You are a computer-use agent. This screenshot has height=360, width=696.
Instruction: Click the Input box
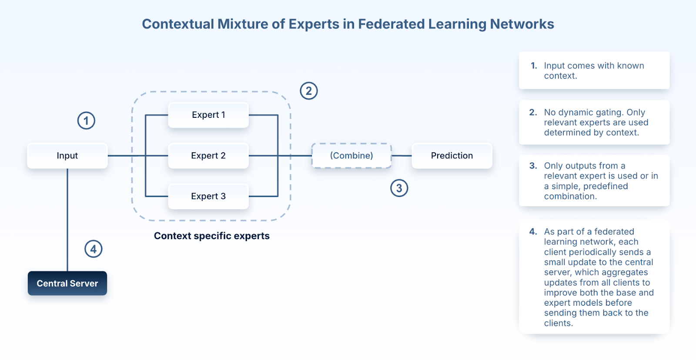(67, 156)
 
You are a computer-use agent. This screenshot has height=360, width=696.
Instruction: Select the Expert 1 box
(208, 115)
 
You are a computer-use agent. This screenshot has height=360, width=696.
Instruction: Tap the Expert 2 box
(208, 156)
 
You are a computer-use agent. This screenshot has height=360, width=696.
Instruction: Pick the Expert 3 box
(208, 196)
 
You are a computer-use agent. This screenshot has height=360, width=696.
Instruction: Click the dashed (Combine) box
(351, 156)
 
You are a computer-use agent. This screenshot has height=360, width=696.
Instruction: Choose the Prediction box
(452, 156)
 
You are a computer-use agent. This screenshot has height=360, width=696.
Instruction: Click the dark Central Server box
(67, 283)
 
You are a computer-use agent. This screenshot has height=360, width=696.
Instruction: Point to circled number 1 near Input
(86, 120)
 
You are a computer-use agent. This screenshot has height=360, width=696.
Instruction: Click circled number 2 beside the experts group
(309, 91)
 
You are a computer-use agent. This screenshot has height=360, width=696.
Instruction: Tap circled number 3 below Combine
(399, 188)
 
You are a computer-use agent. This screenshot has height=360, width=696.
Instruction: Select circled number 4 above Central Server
(93, 249)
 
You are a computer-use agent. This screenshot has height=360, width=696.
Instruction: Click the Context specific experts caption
(212, 236)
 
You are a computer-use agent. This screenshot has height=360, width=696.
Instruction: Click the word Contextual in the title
(178, 24)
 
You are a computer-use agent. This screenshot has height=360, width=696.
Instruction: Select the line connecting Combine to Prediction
(402, 156)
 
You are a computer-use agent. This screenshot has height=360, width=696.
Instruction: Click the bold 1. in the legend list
(534, 66)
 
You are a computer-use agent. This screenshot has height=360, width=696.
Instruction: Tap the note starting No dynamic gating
(596, 122)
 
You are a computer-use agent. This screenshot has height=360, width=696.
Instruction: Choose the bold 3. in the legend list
(533, 166)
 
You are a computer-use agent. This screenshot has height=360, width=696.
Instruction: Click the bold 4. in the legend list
(533, 232)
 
